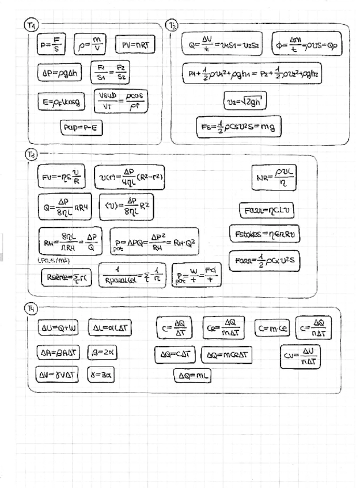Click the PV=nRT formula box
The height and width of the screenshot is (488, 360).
135,45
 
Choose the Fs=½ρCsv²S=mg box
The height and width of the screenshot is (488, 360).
238,126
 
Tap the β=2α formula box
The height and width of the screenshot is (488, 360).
102,351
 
